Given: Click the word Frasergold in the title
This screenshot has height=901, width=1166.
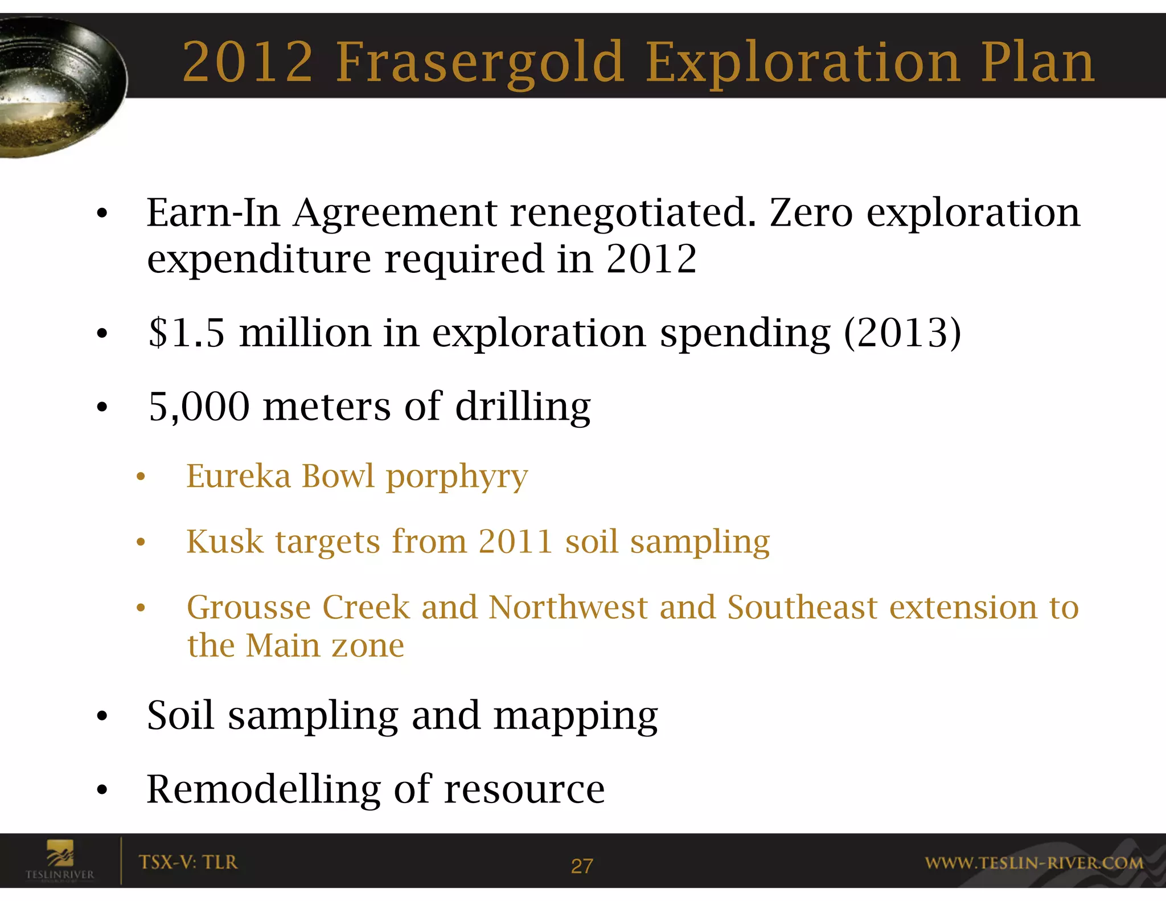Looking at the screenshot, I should pos(480,63).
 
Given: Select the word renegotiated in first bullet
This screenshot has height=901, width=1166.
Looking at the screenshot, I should pos(633,213).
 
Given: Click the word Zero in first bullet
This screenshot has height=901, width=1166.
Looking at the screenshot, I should pos(811,212).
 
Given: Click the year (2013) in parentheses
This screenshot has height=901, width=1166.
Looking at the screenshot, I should pos(902,333).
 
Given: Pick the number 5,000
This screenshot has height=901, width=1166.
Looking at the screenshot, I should pos(199,407).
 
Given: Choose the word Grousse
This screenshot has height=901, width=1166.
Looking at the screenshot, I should pos(248,607).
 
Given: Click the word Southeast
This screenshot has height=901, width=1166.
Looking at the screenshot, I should pos(802,607).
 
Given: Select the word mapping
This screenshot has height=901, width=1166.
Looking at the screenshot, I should pos(575,716).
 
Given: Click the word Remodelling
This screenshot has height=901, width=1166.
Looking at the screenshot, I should pos(263,789).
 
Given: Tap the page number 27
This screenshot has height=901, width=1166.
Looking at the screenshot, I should pos(582,866).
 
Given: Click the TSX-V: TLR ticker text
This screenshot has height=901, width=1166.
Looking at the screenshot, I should pos(188,862).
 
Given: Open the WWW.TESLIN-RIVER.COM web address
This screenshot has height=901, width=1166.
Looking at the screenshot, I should pos(1034,863).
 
